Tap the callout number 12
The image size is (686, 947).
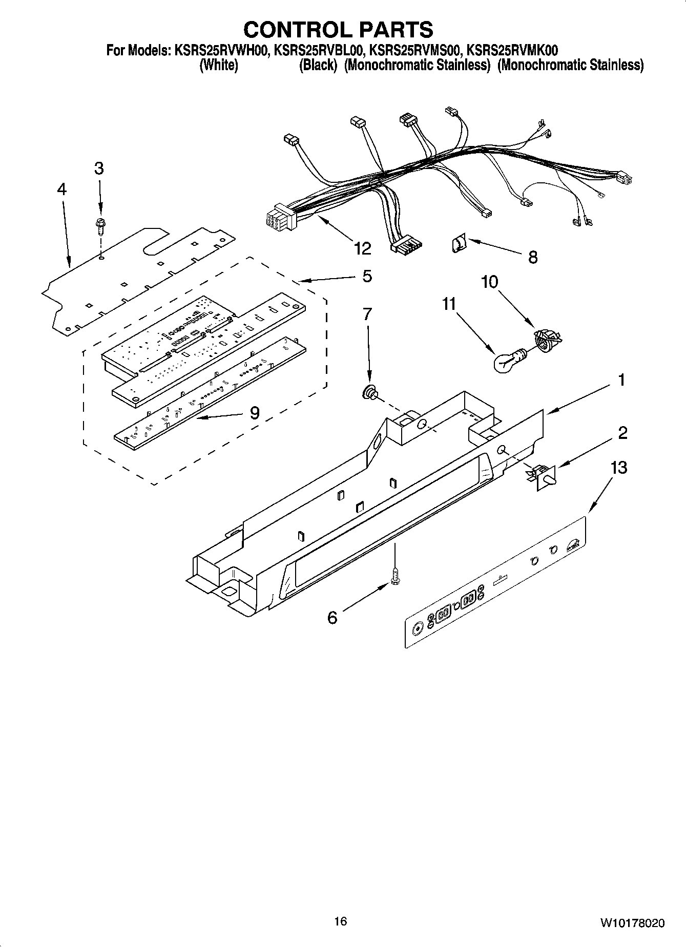point(362,248)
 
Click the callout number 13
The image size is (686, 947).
point(618,468)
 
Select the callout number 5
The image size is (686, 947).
point(367,276)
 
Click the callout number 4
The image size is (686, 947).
point(61,190)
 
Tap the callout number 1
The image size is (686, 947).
point(621,381)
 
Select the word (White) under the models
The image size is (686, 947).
point(218,66)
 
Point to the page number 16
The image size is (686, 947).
point(340,922)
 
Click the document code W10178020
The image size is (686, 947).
point(633,923)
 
